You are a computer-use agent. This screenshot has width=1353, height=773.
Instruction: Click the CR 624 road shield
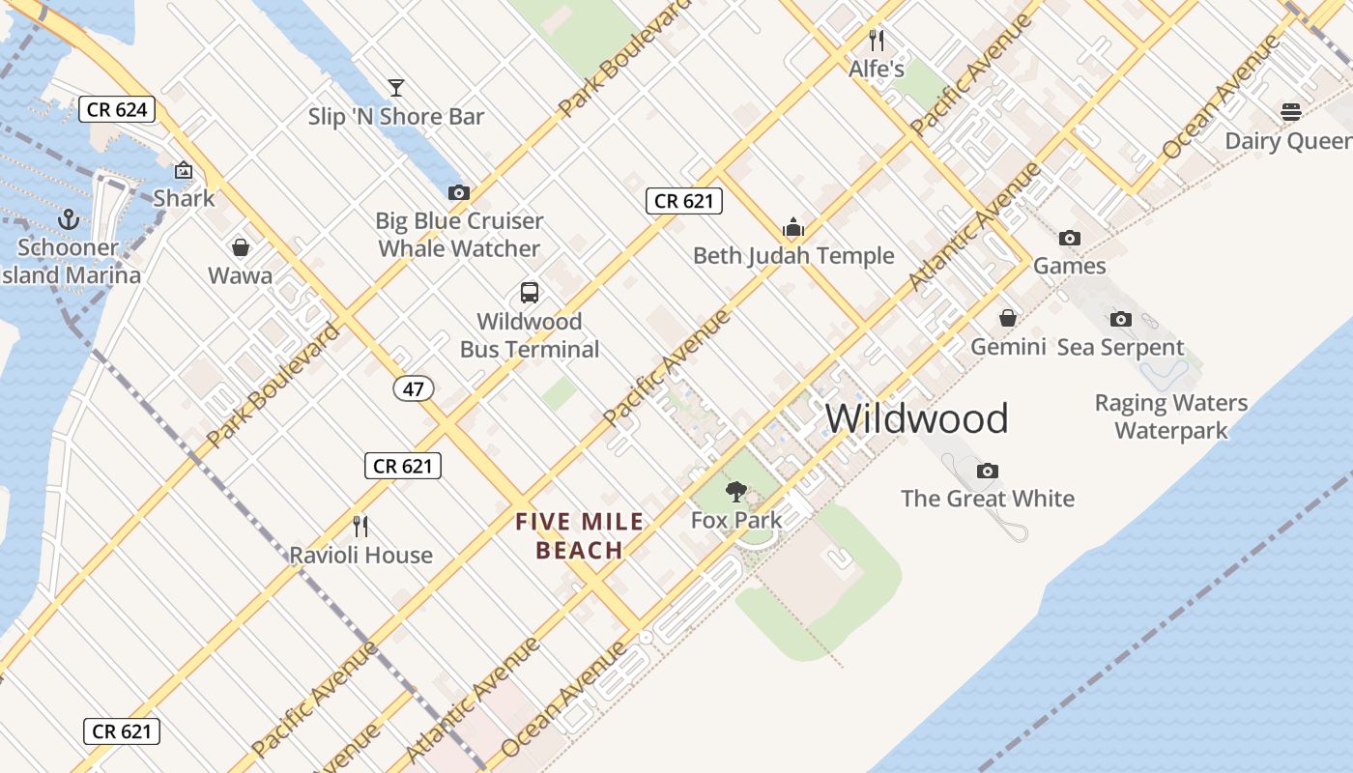pyautogui.click(x=117, y=109)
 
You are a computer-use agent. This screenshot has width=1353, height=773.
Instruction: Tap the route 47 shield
pyautogui.click(x=414, y=388)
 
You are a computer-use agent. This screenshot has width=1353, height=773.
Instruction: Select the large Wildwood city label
pyautogui.click(x=916, y=418)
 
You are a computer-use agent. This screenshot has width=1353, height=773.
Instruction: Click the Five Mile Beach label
pyautogui.click(x=579, y=536)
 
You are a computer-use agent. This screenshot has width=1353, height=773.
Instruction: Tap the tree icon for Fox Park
pyautogui.click(x=736, y=492)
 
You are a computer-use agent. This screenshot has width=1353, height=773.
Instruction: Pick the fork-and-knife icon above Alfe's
pyautogui.click(x=877, y=41)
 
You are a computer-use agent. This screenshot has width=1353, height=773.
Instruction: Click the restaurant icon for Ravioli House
pyautogui.click(x=360, y=527)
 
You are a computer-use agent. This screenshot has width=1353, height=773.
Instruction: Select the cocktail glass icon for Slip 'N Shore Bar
pyautogui.click(x=395, y=88)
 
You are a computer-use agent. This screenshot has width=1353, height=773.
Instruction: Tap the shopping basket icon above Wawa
pyautogui.click(x=240, y=248)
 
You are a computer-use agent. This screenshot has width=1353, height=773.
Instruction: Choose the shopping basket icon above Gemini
pyautogui.click(x=1008, y=318)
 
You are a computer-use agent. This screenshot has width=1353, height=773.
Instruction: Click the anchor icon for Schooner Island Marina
pyautogui.click(x=68, y=219)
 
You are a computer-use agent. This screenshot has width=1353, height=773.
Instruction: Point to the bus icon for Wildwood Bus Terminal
pyautogui.click(x=530, y=293)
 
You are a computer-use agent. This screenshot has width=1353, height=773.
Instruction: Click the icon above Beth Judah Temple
pyautogui.click(x=793, y=227)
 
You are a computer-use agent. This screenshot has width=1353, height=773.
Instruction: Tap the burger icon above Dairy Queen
pyautogui.click(x=1291, y=112)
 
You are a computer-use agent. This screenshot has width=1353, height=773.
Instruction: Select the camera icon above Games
pyautogui.click(x=1069, y=238)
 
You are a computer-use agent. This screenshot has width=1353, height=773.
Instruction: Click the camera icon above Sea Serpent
pyautogui.click(x=1120, y=319)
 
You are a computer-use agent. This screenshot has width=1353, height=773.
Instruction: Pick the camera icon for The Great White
pyautogui.click(x=987, y=471)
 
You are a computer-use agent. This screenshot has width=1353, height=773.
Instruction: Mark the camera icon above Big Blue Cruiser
pyautogui.click(x=459, y=193)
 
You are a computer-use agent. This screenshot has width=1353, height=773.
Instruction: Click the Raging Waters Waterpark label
pyautogui.click(x=1170, y=416)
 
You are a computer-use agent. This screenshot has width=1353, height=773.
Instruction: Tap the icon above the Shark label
pyautogui.click(x=184, y=171)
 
